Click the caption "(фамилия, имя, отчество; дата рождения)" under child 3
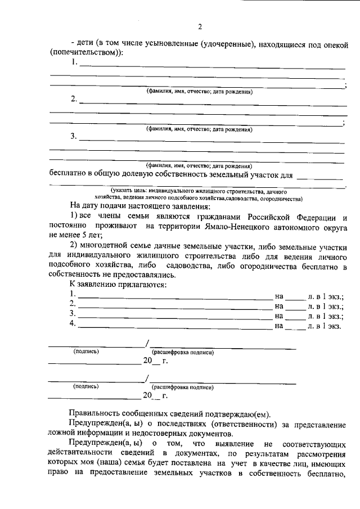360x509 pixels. click(x=199, y=165)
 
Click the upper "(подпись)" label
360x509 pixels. click(x=86, y=352)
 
